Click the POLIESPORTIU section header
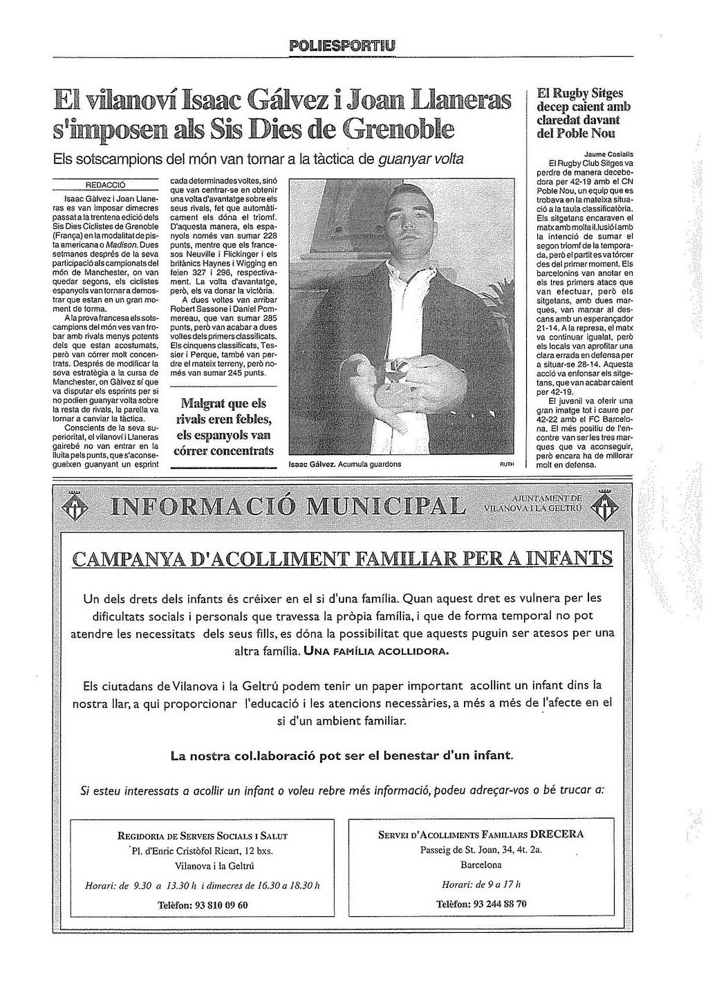(343, 46)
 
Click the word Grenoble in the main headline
(399, 128)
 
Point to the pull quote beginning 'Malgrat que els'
(223, 427)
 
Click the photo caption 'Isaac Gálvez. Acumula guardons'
(344, 464)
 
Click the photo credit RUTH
(506, 465)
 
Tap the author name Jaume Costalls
(608, 154)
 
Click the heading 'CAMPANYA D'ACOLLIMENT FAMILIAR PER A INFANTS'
(342, 558)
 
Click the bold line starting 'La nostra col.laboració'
(342, 755)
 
